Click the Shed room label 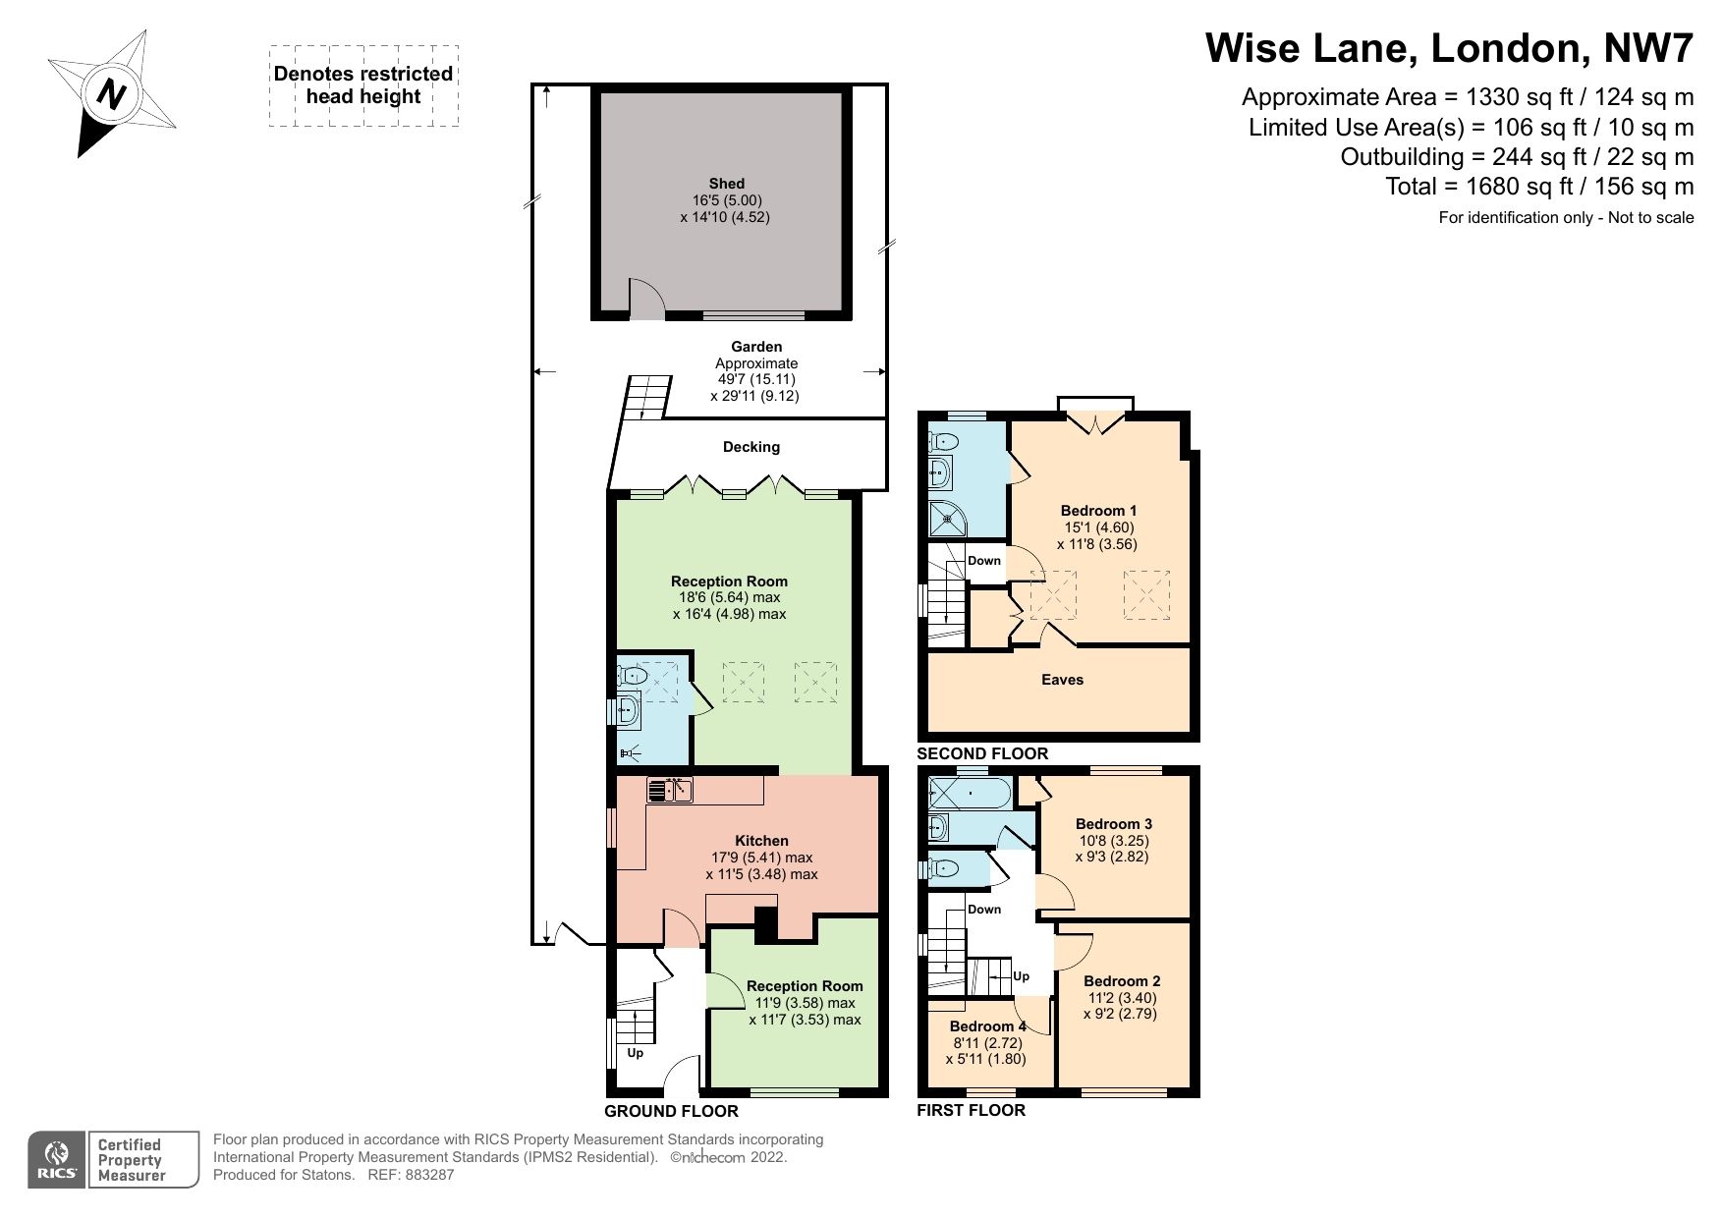point(726,184)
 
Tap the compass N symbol point(112,94)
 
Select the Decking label point(751,447)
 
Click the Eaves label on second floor point(1061,680)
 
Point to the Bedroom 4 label point(987,1026)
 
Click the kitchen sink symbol point(671,789)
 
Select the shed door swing point(645,300)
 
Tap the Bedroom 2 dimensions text point(1121,1006)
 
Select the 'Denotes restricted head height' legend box point(363,85)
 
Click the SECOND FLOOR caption point(981,754)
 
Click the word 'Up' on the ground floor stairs point(635,1053)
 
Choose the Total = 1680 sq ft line point(1538,187)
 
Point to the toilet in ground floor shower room point(633,676)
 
